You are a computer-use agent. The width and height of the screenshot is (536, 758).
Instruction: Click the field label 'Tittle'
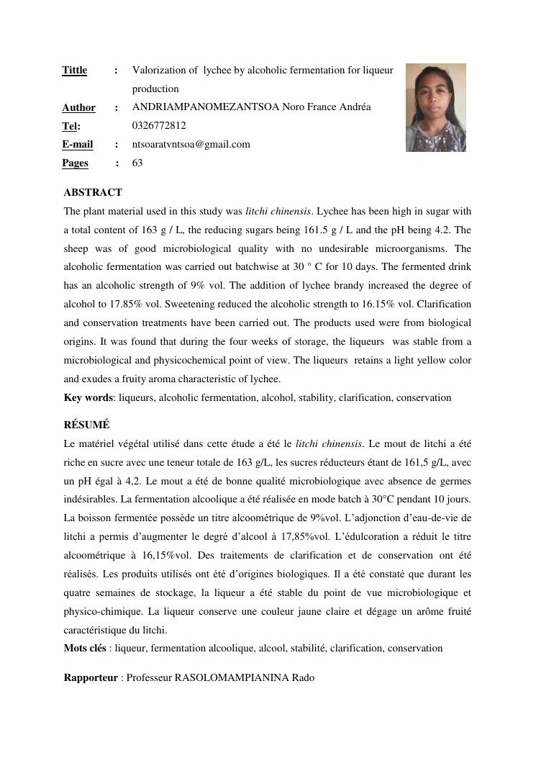point(74,71)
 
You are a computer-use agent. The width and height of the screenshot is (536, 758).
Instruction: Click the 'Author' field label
point(78,108)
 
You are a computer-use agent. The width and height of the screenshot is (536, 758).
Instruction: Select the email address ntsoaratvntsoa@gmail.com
point(191,144)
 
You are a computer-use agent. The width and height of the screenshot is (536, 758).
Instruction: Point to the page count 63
point(137,163)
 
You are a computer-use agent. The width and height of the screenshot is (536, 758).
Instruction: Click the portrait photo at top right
point(435,107)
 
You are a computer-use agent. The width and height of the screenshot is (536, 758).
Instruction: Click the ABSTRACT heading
point(93,193)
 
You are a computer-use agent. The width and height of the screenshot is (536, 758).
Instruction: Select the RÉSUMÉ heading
point(86,425)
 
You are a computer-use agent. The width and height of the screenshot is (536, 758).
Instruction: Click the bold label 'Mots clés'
point(85,649)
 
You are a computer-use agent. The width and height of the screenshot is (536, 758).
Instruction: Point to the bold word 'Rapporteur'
point(90,678)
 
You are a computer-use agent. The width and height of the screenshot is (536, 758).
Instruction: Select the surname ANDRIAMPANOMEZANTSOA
point(206,107)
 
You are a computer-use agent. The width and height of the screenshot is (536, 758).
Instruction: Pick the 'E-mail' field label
point(78,144)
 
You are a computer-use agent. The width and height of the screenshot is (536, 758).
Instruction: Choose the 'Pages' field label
point(75,163)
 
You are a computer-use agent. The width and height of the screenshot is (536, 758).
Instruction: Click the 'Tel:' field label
point(71,126)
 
